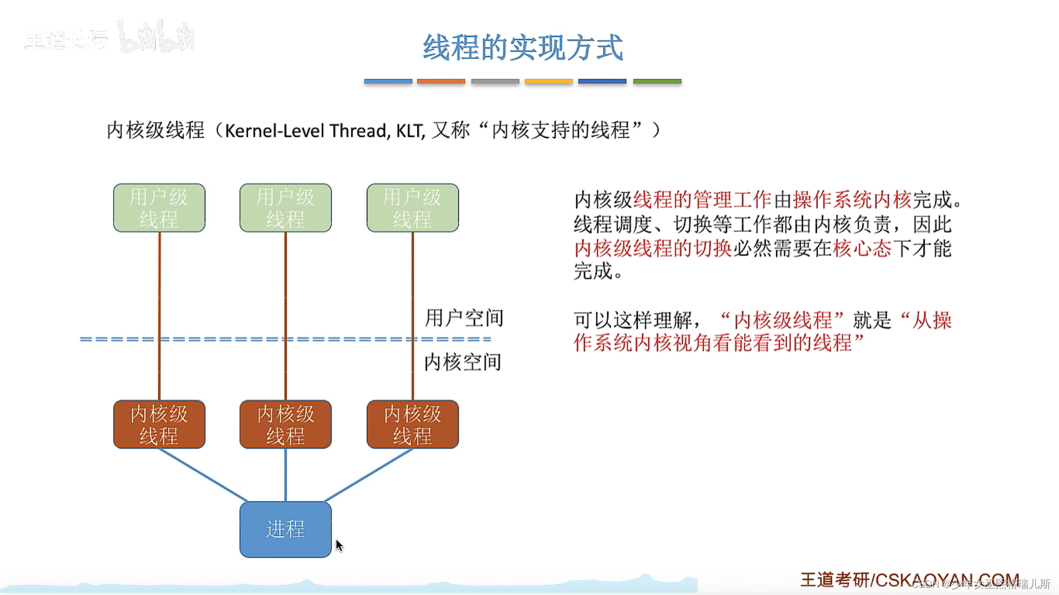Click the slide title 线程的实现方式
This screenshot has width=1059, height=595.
tap(523, 47)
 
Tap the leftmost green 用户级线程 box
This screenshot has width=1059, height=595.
tap(159, 208)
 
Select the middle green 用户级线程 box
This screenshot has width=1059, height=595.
tap(285, 208)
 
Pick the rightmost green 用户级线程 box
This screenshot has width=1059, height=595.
tap(413, 208)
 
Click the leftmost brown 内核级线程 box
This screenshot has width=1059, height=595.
tap(159, 424)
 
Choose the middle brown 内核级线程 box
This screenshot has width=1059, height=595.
tap(285, 424)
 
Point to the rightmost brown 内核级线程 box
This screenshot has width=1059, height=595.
tap(413, 424)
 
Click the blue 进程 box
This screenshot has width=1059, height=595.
tap(285, 529)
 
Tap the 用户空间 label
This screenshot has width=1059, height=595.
tap(464, 318)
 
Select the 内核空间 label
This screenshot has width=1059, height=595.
tap(462, 362)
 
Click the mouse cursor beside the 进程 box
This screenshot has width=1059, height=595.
tap(339, 545)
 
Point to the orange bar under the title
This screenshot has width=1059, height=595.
tap(441, 81)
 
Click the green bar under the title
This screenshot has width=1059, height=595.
tap(657, 81)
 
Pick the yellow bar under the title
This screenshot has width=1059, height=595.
tap(548, 81)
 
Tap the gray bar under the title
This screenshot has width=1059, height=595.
tap(495, 81)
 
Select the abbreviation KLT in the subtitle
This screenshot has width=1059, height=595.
tap(410, 131)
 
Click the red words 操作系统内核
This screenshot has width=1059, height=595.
tap(852, 199)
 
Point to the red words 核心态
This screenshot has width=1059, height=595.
tap(862, 248)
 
